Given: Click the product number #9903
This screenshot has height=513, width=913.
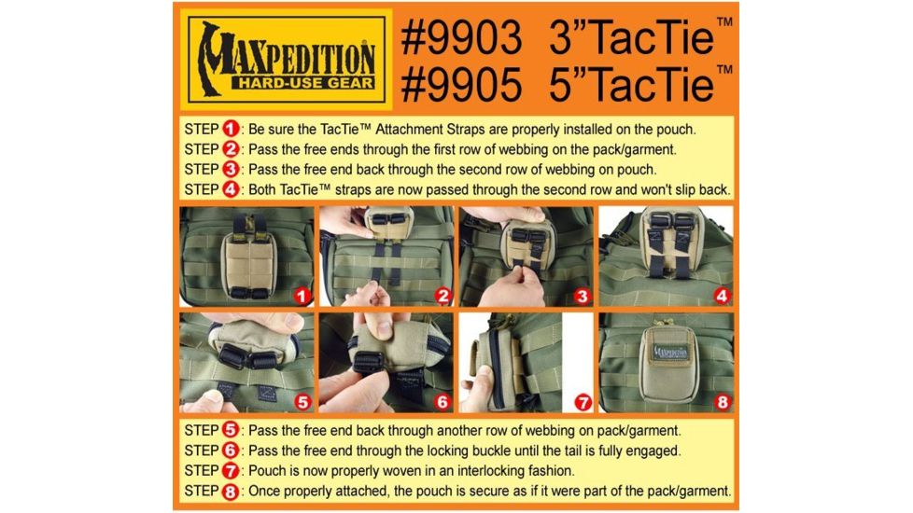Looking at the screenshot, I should pyautogui.click(x=461, y=39).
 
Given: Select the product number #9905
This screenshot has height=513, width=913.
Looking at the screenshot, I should pyautogui.click(x=461, y=85).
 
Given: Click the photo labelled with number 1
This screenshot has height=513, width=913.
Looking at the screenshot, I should pyautogui.click(x=246, y=256).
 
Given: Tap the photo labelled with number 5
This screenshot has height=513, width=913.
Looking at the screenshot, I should pyautogui.click(x=246, y=363).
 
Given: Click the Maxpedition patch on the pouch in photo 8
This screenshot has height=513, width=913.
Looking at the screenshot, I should pyautogui.click(x=666, y=354).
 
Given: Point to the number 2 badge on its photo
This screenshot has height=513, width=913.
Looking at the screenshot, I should pyautogui.click(x=442, y=297).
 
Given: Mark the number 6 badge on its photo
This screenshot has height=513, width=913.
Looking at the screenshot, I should pyautogui.click(x=442, y=404).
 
